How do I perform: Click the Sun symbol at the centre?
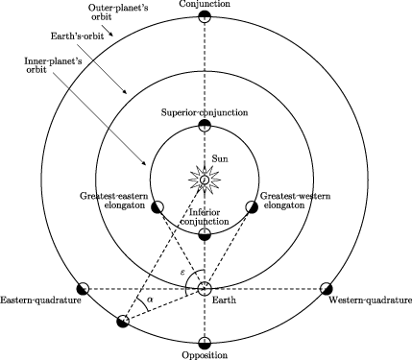tap(204, 179)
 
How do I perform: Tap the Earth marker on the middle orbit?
tap(204, 288)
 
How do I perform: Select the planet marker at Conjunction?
tap(204, 18)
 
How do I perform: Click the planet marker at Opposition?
tap(204, 343)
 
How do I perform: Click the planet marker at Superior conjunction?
tap(204, 125)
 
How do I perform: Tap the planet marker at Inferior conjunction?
tap(204, 233)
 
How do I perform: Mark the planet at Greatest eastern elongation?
tap(157, 205)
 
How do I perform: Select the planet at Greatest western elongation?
tap(252, 205)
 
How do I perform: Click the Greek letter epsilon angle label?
tap(183, 273)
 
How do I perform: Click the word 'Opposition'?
tap(204, 356)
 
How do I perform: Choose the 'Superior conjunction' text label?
tap(204, 111)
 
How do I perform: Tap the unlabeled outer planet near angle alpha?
tap(123, 322)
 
